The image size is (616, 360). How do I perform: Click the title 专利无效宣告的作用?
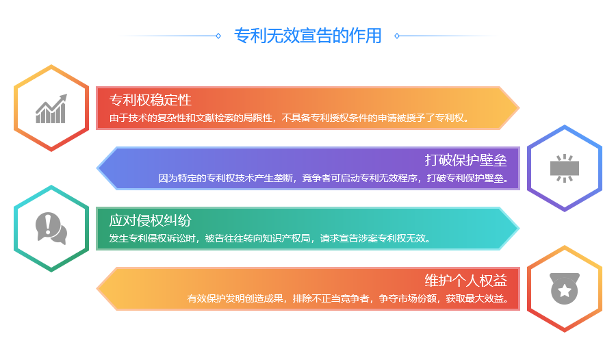pyautogui.click(x=307, y=36)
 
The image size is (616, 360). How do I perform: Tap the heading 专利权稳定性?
pyautogui.click(x=151, y=100)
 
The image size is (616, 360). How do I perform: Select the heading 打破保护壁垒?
pyautogui.click(x=465, y=160)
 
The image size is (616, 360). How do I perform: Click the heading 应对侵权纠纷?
pyautogui.click(x=151, y=220)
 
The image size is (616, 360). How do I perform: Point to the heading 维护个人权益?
pyautogui.click(x=465, y=280)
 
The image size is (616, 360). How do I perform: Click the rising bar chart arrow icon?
pyautogui.click(x=51, y=109)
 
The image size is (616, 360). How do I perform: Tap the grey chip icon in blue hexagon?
pyautogui.click(x=565, y=168)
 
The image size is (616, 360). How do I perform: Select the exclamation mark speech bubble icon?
pyautogui.click(x=51, y=229)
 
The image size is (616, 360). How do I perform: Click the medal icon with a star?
pyautogui.click(x=565, y=288)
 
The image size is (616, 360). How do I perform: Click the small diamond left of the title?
pyautogui.click(x=218, y=36)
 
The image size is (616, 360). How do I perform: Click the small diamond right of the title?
pyautogui.click(x=397, y=36)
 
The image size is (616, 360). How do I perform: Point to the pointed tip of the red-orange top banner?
pyautogui.click(x=519, y=107)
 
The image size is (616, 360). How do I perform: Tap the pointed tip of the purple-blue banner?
pyautogui.click(x=97, y=168)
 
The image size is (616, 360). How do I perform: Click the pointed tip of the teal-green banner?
pyautogui.click(x=519, y=229)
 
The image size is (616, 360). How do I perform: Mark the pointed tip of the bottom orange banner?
pyautogui.click(x=97, y=288)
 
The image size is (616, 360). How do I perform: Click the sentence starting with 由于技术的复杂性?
pyautogui.click(x=289, y=118)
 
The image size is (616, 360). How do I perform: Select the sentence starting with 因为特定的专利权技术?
pyautogui.click(x=333, y=178)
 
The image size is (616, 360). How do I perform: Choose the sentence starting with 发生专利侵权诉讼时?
pyautogui.click(x=270, y=238)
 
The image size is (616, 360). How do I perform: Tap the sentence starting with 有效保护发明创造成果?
pyautogui.click(x=348, y=298)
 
